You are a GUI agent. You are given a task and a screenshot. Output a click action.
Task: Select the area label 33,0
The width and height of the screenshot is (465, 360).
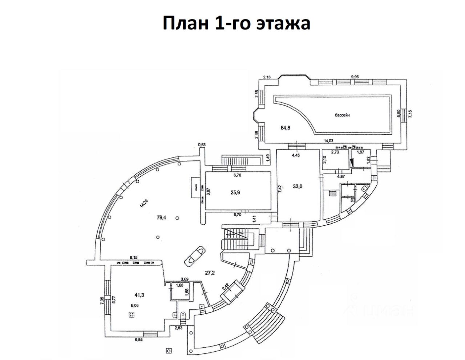[298, 187]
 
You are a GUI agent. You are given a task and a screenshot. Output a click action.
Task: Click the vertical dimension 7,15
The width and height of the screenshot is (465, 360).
[411, 114]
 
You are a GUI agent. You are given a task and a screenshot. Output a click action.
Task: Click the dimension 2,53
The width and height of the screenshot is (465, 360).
[179, 328]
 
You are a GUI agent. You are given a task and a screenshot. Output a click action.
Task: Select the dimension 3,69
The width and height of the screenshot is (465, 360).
[186, 279]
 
